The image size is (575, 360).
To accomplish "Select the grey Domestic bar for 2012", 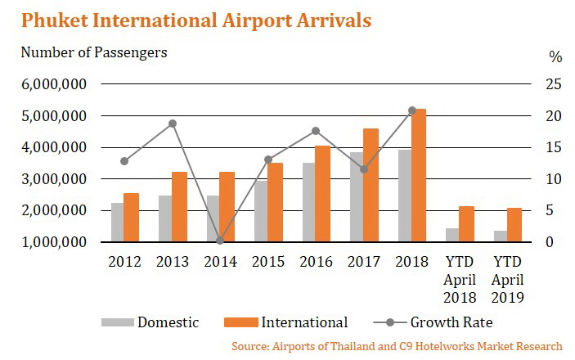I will pos(118,222).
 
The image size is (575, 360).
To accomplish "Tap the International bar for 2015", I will pos(276,202).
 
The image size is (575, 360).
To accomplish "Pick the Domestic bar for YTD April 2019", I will pos(500,236).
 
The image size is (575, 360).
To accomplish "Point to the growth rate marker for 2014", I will pos(220,241).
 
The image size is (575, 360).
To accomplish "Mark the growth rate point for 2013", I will pos(173,124).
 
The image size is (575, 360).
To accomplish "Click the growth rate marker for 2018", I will pos(412,110).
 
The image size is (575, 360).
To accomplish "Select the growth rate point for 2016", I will pos(316,131).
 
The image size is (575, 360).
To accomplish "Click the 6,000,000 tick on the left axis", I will pos(53,84).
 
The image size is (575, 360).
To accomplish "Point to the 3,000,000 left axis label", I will pos(53,179).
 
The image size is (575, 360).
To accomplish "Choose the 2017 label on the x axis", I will pos(364,263).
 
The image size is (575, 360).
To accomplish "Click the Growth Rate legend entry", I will pos(449,322).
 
